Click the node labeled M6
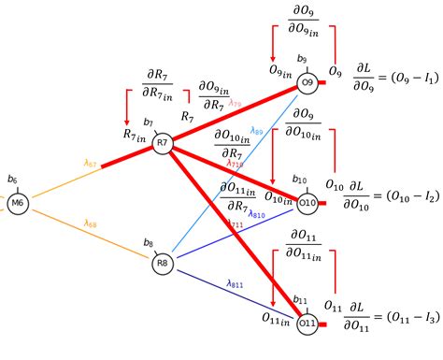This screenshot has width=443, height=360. [x=17, y=203]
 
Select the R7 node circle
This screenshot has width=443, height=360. [x=163, y=142]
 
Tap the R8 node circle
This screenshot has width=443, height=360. [x=163, y=264]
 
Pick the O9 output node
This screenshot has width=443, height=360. [x=306, y=84]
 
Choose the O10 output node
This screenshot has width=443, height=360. [x=306, y=202]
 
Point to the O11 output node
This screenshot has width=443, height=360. [x=306, y=324]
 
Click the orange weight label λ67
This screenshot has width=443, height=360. [x=91, y=162]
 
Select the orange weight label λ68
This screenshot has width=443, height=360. [x=91, y=223]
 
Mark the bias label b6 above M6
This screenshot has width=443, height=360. [x=12, y=179]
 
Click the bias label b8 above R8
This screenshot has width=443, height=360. [x=149, y=243]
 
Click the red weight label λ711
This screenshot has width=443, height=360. [x=236, y=223]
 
